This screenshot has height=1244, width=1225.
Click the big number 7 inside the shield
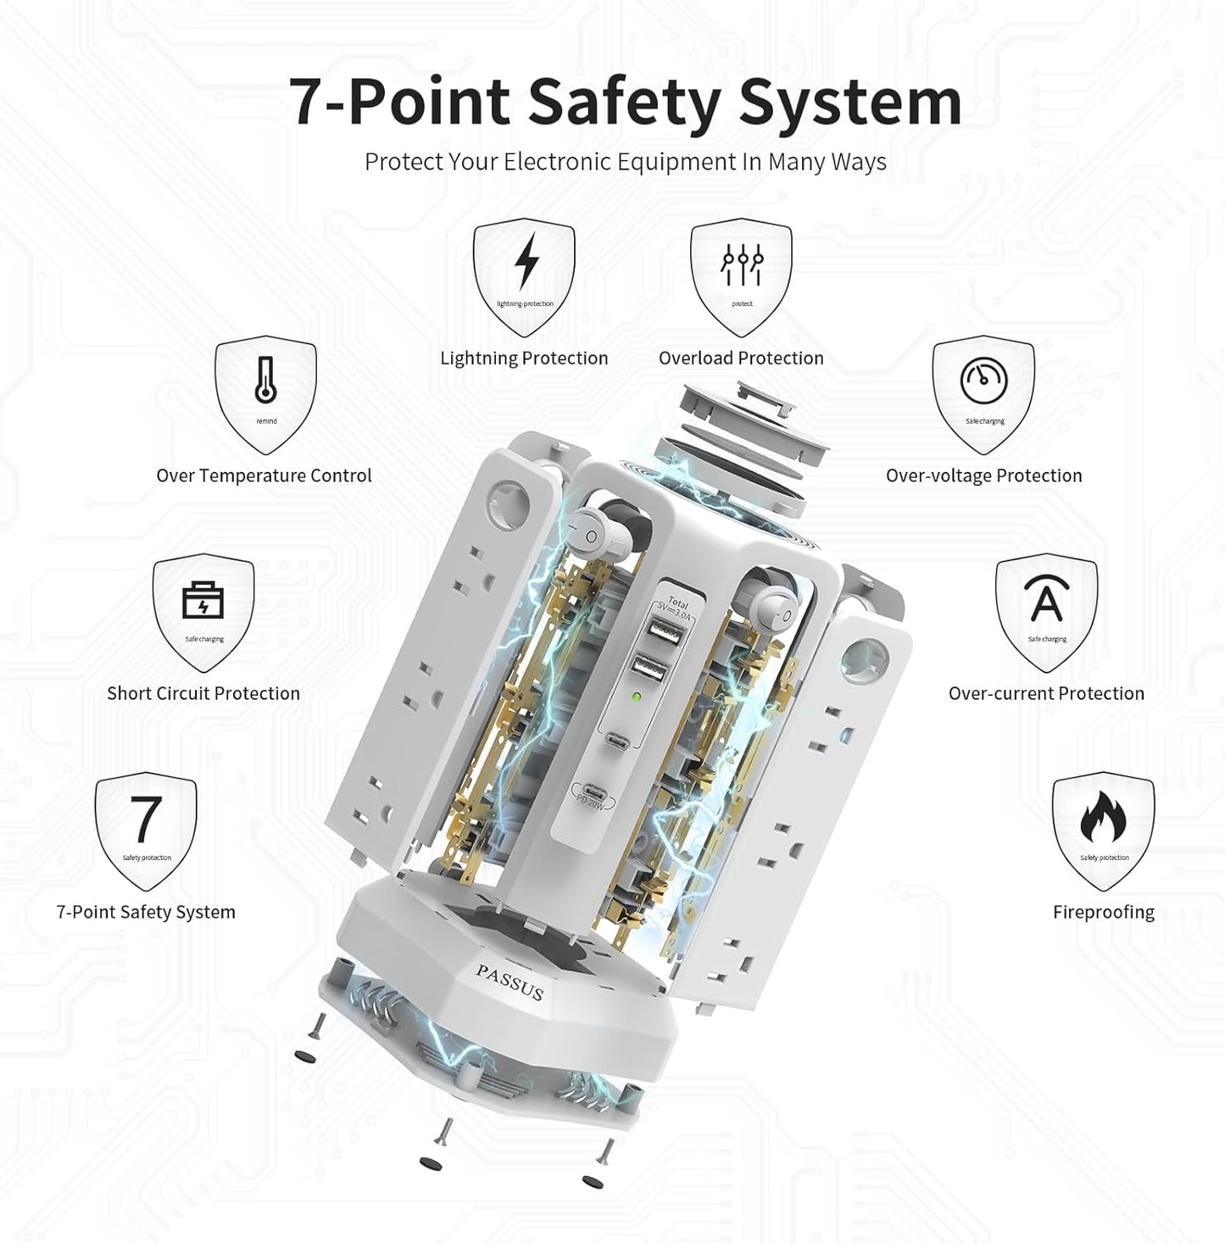(145, 819)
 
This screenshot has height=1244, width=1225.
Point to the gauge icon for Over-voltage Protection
(983, 380)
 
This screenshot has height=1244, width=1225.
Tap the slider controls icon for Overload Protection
(742, 264)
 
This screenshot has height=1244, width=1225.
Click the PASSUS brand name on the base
(509, 981)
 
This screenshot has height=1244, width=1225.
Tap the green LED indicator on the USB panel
(637, 699)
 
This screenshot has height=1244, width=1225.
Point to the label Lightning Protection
(524, 358)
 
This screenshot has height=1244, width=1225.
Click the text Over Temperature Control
(264, 475)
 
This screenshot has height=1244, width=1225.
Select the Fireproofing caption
(1103, 912)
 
